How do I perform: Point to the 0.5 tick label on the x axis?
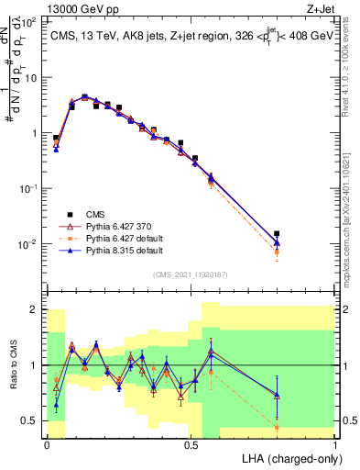(x=191, y=443)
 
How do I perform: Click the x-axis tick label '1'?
(x=335, y=443)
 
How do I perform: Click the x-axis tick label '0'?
(x=48, y=443)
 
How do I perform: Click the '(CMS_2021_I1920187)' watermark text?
(x=190, y=274)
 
